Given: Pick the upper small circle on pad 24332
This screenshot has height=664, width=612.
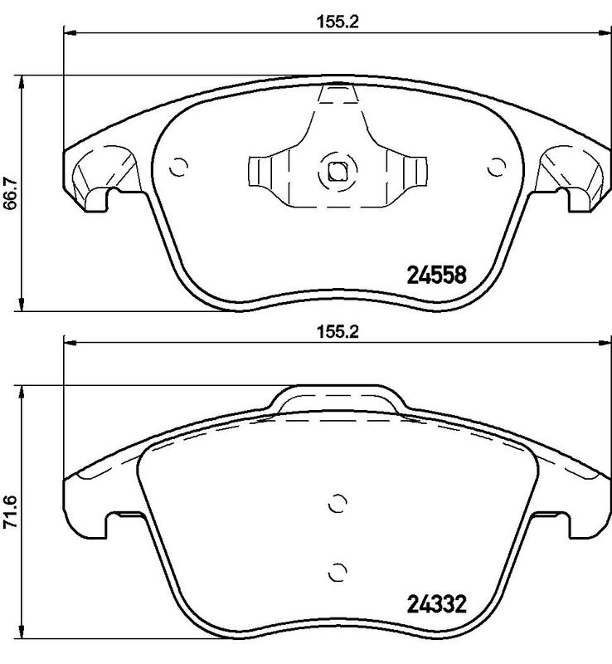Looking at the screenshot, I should point(337,504).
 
